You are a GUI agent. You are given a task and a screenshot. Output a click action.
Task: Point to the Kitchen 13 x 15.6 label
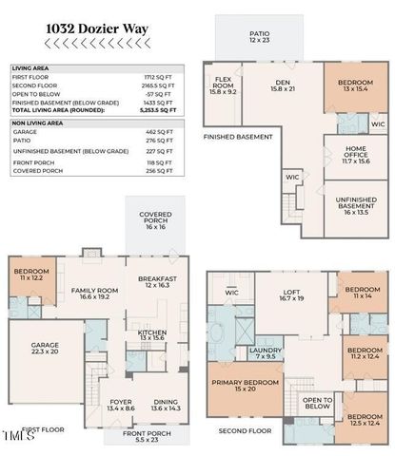[x=153, y=334]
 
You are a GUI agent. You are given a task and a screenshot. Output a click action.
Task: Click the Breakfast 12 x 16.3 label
[x=153, y=282]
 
